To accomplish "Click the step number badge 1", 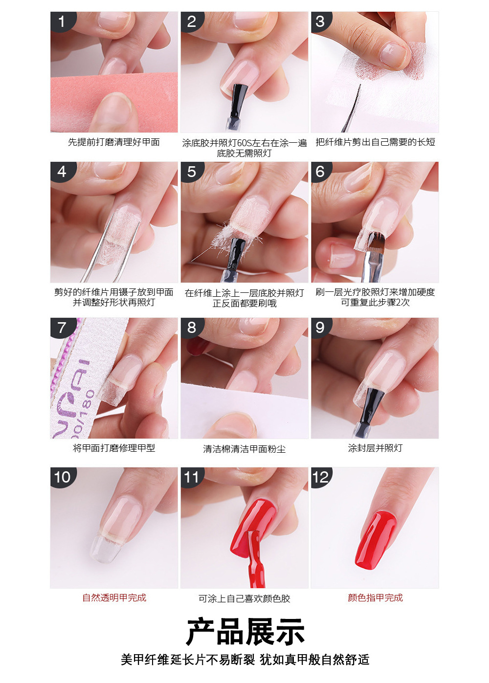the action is tap(62, 22).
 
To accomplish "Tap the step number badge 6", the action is tap(320, 171).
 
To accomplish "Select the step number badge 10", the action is tap(63, 478).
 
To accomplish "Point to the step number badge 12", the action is tap(321, 478).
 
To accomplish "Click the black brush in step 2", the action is tap(237, 105).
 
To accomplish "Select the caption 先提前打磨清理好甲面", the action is tap(114, 142).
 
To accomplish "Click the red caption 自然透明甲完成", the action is tap(114, 597).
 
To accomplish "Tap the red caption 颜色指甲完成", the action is tap(375, 597).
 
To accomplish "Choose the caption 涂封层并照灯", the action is tap(375, 448).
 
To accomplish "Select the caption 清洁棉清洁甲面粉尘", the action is tap(244, 448).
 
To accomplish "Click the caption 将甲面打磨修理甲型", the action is tap(114, 448).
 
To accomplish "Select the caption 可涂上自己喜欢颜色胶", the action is tap(244, 598).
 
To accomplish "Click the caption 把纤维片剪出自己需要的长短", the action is tap(375, 142).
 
